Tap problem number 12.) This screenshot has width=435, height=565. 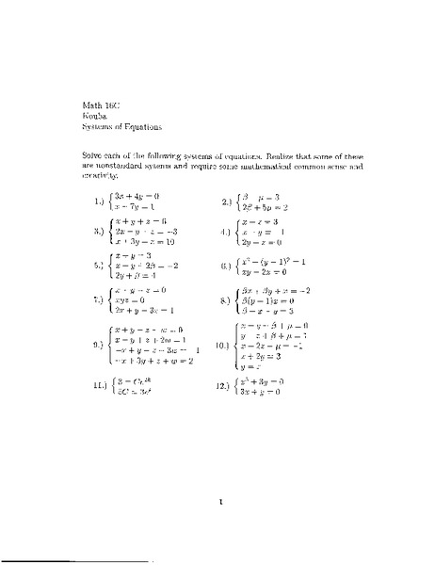(x=226, y=388)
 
